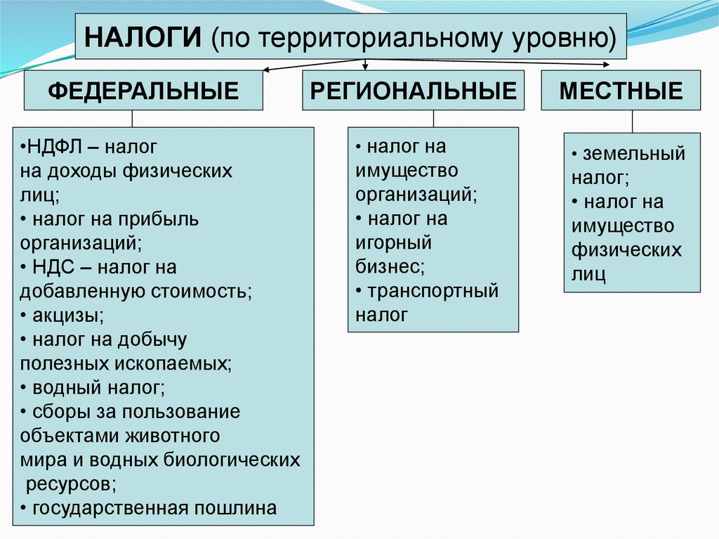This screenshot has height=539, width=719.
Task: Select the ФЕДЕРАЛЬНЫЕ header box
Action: [143, 90]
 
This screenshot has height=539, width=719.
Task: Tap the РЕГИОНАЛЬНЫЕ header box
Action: [414, 90]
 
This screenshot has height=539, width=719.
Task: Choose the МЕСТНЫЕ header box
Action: [621, 90]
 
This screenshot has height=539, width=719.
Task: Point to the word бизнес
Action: [389, 266]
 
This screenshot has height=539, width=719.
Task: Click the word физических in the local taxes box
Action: [626, 250]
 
